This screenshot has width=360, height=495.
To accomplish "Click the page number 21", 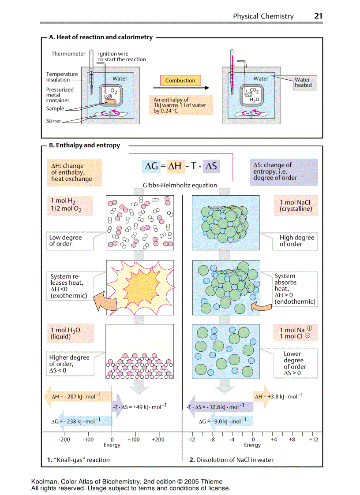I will pos(319,16).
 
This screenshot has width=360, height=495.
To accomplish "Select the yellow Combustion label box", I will pos(180,81).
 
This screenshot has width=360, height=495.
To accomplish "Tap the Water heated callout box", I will pos(303,83).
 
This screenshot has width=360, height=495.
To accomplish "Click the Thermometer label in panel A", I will pos(68,54).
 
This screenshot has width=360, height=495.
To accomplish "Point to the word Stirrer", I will pos(54,121).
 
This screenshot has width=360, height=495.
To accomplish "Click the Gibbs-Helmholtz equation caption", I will pos(180,185).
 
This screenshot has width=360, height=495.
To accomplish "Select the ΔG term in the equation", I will pos(152,166).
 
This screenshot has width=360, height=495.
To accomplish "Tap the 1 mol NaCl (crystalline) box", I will pos(295,206).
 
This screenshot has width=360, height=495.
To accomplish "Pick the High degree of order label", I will pos(296,241).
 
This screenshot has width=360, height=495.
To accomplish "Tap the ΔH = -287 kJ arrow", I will pos(77,396).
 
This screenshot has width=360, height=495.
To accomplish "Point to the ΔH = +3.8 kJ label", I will pos(279,396).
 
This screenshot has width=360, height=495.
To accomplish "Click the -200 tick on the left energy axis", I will pos(64,439).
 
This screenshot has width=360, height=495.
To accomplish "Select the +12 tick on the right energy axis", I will pos(313,439).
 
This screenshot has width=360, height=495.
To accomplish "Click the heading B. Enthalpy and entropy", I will pos(84,145).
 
